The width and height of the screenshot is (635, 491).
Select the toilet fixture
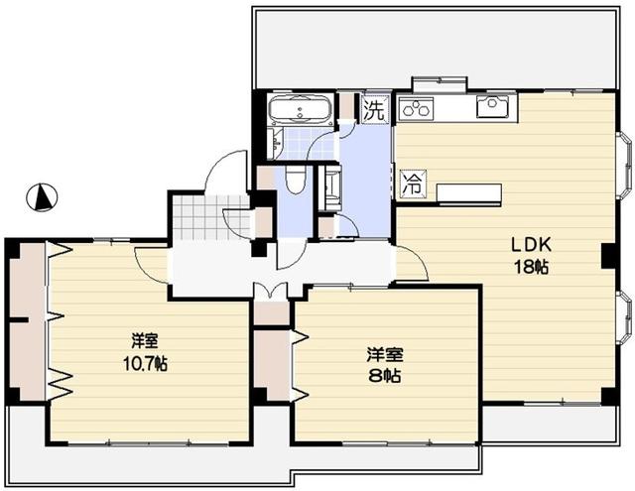click(295, 180)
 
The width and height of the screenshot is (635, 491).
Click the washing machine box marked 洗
click(374, 109)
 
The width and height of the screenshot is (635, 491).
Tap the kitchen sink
click(492, 107)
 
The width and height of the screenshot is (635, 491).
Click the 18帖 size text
click(531, 266)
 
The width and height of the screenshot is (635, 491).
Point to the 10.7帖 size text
click(146, 363)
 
